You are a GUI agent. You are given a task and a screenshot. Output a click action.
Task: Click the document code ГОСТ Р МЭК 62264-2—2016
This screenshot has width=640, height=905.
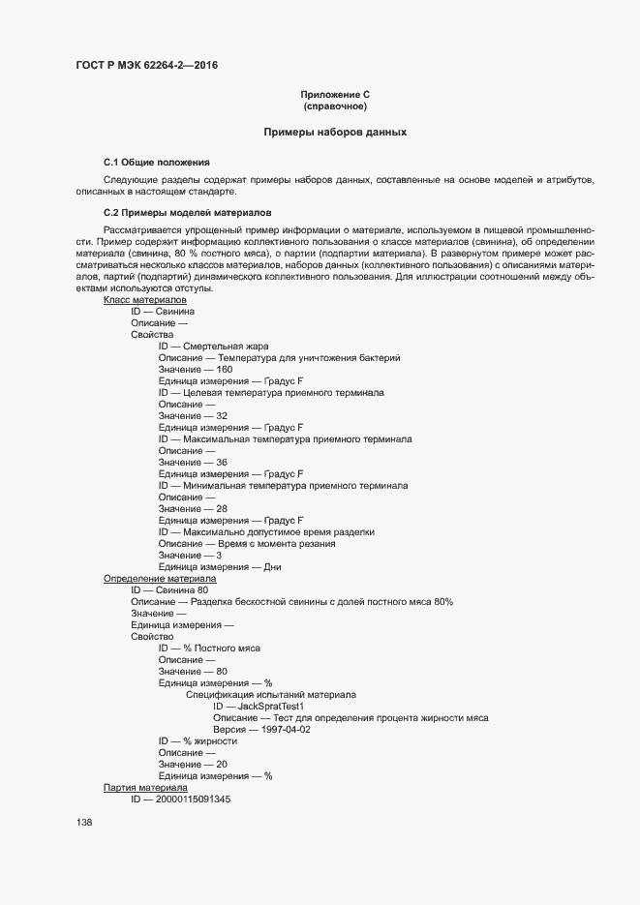(x=153, y=66)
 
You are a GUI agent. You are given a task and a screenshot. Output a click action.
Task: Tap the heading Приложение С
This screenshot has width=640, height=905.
(x=335, y=94)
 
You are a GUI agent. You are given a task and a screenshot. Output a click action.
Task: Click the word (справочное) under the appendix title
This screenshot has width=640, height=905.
(x=335, y=106)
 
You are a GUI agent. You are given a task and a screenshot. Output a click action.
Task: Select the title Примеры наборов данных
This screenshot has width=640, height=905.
(x=335, y=132)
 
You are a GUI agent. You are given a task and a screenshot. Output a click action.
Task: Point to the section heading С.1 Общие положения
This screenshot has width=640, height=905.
(x=157, y=162)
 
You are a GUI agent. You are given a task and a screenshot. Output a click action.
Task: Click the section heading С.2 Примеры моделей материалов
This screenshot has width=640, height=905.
(x=188, y=212)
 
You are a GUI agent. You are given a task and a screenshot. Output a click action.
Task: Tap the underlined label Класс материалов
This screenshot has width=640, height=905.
(x=145, y=300)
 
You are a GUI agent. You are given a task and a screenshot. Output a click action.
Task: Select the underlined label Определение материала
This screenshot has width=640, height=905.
(x=160, y=579)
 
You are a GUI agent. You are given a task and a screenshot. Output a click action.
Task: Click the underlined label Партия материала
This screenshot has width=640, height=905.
(x=145, y=788)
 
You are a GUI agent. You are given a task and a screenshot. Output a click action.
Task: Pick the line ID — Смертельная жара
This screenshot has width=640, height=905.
(x=214, y=347)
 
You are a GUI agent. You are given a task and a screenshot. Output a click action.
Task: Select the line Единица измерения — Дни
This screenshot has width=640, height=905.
(x=220, y=567)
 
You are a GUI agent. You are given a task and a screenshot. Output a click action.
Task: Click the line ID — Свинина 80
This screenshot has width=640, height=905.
(x=169, y=590)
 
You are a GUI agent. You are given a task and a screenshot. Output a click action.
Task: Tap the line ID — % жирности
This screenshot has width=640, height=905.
(x=198, y=741)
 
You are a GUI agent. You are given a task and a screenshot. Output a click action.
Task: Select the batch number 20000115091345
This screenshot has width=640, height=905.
(x=186, y=799)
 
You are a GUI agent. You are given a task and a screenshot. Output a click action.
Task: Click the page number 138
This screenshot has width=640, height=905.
(x=84, y=823)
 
